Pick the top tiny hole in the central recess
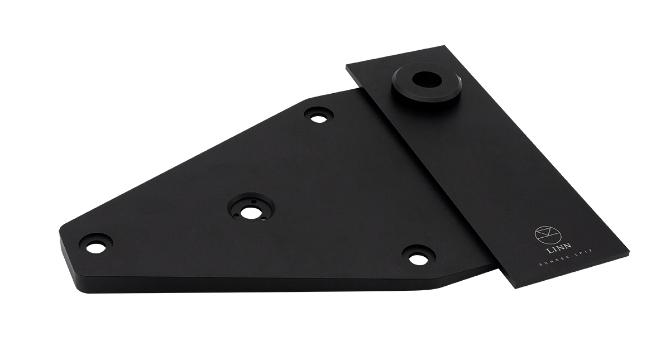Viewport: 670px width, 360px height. pos(253,201)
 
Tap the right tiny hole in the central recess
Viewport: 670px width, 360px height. pos(263,219)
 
